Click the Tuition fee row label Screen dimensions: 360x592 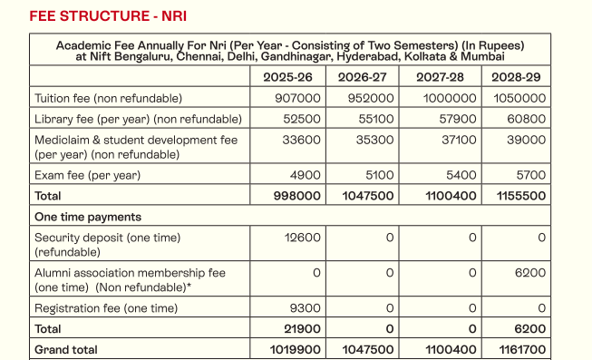click(108, 98)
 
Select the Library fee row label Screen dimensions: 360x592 click(138, 119)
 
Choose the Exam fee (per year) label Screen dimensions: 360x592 click(87, 175)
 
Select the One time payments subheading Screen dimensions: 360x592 click(87, 217)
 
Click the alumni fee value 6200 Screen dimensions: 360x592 click(530, 272)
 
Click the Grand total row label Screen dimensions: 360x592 click(65, 349)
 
